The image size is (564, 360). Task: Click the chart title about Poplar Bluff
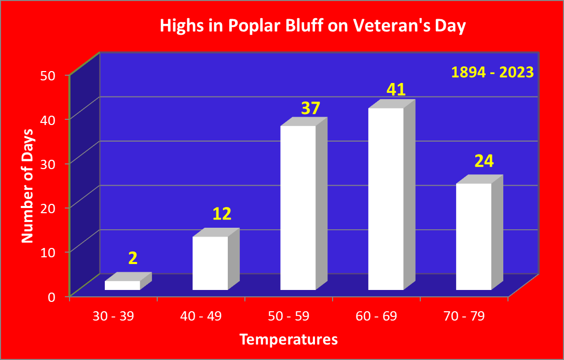click(x=312, y=26)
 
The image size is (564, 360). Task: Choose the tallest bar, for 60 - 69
click(x=391, y=195)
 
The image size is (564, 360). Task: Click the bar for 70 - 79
click(x=479, y=232)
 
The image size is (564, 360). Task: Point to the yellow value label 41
click(x=396, y=90)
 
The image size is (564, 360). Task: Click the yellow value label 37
click(x=310, y=108)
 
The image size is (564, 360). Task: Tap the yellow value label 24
click(x=484, y=161)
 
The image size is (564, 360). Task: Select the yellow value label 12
click(x=222, y=214)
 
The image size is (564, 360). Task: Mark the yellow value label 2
click(x=133, y=258)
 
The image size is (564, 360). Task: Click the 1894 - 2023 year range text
click(x=492, y=73)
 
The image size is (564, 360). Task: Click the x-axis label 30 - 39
click(x=113, y=316)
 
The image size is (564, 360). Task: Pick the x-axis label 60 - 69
click(x=376, y=316)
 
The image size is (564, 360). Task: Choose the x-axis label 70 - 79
click(x=464, y=316)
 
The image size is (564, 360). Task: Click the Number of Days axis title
click(x=27, y=186)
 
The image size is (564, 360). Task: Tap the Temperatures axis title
click(x=289, y=339)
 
